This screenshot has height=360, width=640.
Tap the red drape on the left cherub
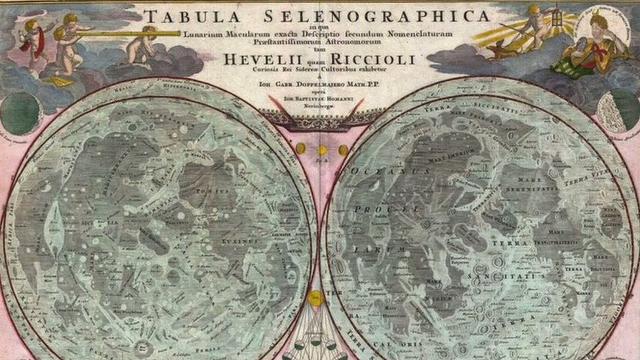[x=30, y=43]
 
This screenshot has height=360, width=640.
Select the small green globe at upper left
[x=19, y=113]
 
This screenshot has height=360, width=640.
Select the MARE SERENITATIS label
[x=537, y=183]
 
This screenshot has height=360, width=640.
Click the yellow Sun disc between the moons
[x=316, y=298]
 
